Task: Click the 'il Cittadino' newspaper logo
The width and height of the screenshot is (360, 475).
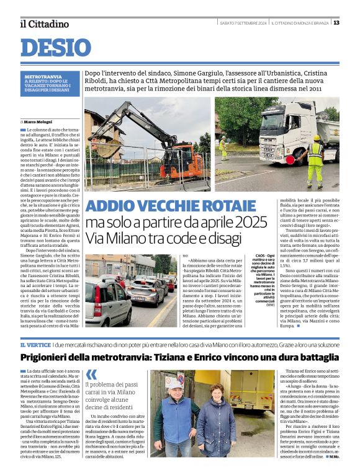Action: tap(44, 24)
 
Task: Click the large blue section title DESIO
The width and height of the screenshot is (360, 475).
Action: tap(55, 48)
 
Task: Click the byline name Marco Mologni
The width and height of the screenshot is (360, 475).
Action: tap(38, 122)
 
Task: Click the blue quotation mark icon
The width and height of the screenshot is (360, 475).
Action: tap(92, 375)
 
